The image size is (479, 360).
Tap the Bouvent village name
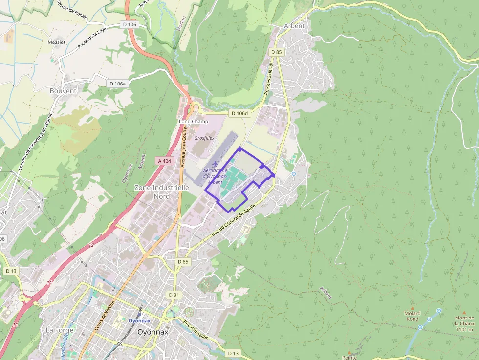click(x=63, y=91)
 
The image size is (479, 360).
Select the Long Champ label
click(x=194, y=121)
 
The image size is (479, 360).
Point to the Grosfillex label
click(x=205, y=138)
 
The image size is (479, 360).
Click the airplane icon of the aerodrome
click(x=214, y=163)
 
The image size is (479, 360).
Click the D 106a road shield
click(x=117, y=84)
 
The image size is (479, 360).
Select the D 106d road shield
click(x=239, y=113)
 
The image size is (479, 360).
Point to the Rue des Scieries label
click(x=269, y=81)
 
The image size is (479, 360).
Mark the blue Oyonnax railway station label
click(x=140, y=321)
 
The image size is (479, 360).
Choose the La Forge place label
click(x=59, y=330)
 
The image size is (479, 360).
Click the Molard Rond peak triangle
click(x=412, y=308)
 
